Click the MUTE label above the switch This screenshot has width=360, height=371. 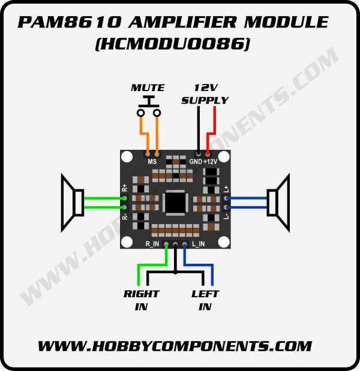click(148, 88)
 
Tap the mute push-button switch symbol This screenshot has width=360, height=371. click(149, 108)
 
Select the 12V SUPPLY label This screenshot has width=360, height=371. click(205, 93)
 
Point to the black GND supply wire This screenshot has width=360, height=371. click(199, 129)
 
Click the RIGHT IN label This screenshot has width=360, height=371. click(141, 300)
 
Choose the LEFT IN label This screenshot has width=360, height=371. click(205, 300)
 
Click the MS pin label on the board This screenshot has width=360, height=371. click(152, 162)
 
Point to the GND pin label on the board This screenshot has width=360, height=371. click(196, 162)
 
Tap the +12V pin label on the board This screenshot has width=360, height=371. click(211, 162)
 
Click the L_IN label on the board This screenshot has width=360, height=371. click(199, 244)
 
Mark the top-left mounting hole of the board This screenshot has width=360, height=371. click(127, 157)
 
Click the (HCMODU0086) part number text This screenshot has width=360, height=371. click(172, 44)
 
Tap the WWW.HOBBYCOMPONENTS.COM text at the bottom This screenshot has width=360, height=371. click(175, 346)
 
